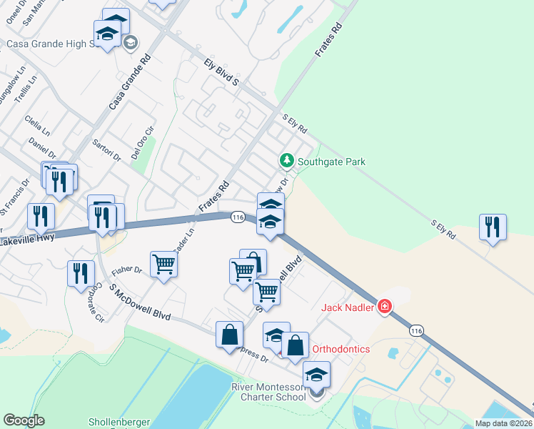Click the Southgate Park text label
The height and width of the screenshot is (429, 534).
[332, 162]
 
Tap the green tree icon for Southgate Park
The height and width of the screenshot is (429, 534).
[287, 161]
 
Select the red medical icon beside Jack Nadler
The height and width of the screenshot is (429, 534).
[385, 306]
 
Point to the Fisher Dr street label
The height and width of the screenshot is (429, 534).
[128, 270]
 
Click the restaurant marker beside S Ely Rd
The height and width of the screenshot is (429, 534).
[493, 227]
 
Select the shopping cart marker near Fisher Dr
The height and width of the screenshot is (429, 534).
[164, 265]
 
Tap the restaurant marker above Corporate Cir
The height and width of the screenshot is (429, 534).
[81, 272]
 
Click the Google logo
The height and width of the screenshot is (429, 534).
[24, 420]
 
